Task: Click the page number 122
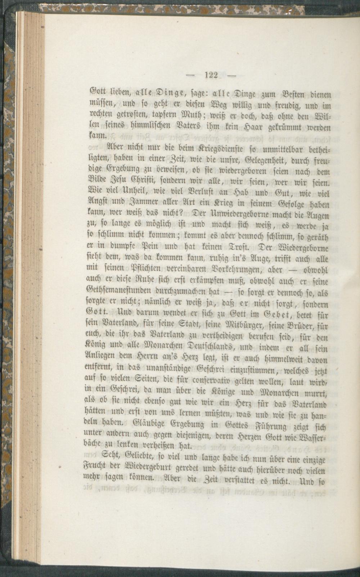point(211,76)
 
